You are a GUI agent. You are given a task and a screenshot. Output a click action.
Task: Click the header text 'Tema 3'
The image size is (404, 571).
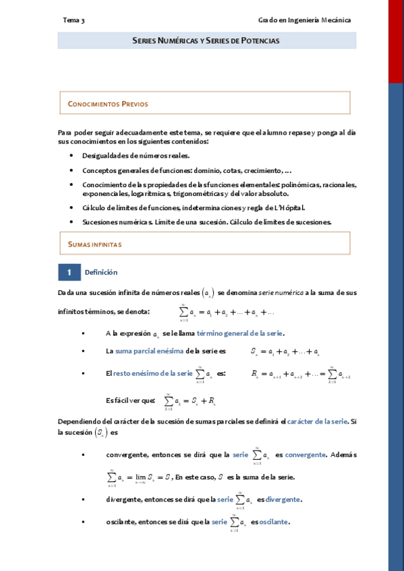pos(74,20)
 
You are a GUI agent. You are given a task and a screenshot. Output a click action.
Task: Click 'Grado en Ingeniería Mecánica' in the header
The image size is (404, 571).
pos(304,20)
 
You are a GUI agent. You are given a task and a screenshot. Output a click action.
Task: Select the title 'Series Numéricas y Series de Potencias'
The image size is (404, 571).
pos(206,41)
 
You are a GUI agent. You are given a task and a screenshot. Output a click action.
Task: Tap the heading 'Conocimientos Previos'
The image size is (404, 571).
pos(108,104)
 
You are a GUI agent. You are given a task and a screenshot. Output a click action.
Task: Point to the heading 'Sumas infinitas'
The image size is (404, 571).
pos(94,244)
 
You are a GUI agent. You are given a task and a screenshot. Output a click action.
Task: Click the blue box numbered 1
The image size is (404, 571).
pos(69,272)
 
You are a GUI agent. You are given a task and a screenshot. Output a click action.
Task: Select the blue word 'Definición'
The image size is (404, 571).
pos(101,272)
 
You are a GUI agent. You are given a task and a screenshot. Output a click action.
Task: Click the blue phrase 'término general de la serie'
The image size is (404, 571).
pos(240,333)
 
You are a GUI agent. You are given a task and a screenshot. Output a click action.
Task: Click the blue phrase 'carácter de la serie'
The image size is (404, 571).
pos(317,421)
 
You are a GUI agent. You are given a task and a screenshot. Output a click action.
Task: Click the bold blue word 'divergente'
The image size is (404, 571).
pos(283,500)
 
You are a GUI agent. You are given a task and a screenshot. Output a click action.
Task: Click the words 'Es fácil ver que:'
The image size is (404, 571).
pos(131,400)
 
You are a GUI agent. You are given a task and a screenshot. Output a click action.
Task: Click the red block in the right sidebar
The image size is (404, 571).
pos(396,40)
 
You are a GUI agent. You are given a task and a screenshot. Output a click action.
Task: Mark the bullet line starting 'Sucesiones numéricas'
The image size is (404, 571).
pos(206,222)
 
